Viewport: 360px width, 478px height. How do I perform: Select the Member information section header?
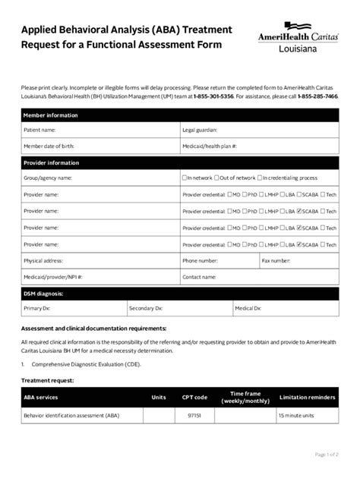[x=50, y=115]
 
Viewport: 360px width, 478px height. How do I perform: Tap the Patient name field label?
[x=41, y=130]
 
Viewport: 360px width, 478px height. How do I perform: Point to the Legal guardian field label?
[x=199, y=130]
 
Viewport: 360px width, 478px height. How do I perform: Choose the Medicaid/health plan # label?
[x=210, y=146]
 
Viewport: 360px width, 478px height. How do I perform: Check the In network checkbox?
[x=185, y=178]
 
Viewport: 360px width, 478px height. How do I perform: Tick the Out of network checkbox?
[x=216, y=178]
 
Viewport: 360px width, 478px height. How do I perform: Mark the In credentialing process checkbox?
[x=261, y=178]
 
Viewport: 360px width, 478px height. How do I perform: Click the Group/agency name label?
[x=48, y=178]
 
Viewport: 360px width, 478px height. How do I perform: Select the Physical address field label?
[x=44, y=260]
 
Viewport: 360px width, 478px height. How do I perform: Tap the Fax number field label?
[x=276, y=260]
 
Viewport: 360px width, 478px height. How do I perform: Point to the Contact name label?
[x=200, y=277]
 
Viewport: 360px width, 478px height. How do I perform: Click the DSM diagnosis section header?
[x=43, y=293]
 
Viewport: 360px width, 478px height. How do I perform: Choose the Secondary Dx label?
[x=146, y=308]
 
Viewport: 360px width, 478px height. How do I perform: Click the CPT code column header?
[x=194, y=397]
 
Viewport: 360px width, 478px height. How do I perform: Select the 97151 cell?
[x=194, y=416]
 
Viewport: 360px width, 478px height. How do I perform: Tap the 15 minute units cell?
[x=296, y=416]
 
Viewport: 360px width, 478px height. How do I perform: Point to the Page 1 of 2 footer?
[x=327, y=454]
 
